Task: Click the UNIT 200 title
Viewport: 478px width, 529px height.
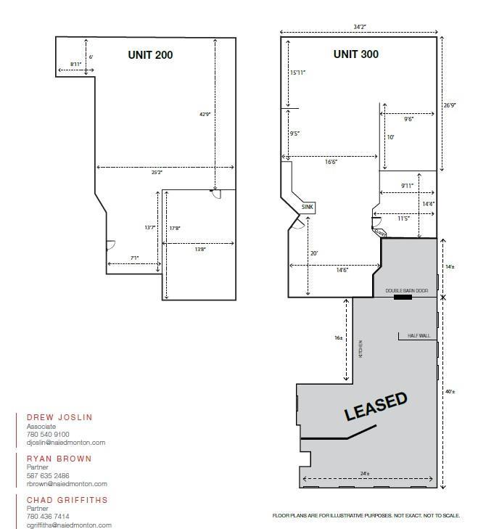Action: (x=150, y=54)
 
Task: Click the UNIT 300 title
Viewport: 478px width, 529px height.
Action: (x=355, y=54)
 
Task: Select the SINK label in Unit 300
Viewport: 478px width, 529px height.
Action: (x=309, y=207)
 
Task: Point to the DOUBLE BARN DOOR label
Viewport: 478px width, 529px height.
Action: (x=407, y=290)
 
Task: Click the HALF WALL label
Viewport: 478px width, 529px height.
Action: (x=419, y=335)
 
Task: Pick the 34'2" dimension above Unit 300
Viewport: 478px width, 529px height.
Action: (x=359, y=27)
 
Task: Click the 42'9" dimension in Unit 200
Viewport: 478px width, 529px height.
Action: (x=205, y=114)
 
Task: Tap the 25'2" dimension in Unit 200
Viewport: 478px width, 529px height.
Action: (x=157, y=173)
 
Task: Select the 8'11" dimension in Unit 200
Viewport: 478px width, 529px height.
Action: (x=75, y=65)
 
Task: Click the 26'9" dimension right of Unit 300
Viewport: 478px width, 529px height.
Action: (x=450, y=105)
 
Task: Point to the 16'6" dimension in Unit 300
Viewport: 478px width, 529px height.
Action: (x=331, y=163)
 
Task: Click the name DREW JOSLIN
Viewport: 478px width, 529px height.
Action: (x=59, y=417)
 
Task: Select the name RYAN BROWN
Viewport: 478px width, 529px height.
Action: (x=59, y=459)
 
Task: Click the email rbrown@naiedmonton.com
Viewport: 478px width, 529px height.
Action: (x=67, y=483)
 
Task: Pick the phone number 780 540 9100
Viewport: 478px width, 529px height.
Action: (x=48, y=434)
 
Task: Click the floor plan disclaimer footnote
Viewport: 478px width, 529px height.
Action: (x=366, y=515)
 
